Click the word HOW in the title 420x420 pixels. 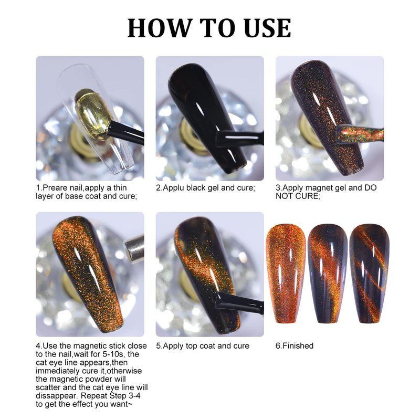click(x=160, y=28)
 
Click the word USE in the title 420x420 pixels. click(x=268, y=28)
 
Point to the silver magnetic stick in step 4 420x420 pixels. click(x=134, y=248)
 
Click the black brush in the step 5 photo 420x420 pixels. click(x=240, y=303)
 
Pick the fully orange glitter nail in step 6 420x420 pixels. click(x=286, y=273)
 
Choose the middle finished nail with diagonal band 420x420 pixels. click(x=327, y=273)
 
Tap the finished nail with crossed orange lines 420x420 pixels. click(x=370, y=273)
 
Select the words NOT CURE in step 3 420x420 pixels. click(x=298, y=196)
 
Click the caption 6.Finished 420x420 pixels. click(x=295, y=346)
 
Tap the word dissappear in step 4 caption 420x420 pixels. click(x=57, y=396)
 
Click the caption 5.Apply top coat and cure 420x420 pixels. click(x=203, y=346)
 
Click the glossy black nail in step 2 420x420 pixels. click(x=206, y=118)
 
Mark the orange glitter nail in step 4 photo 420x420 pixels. click(x=88, y=273)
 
